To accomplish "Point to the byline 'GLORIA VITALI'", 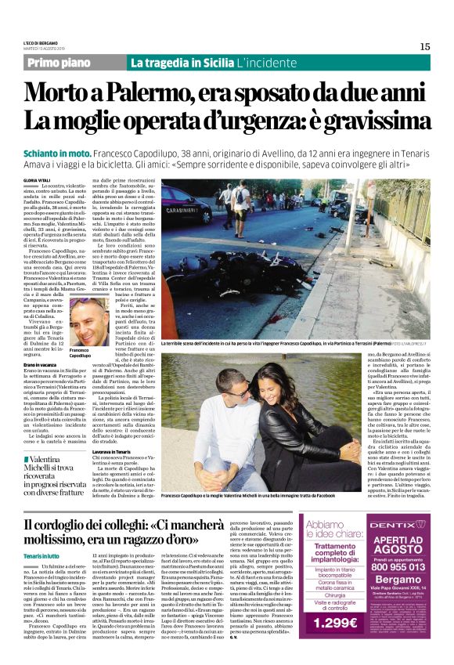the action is pyautogui.click(x=38, y=180).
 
